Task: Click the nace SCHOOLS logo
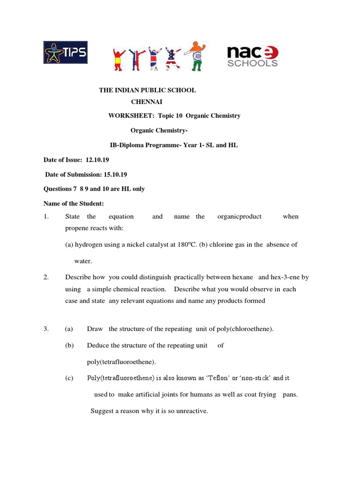click(253, 56)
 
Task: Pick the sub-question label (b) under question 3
click(69, 345)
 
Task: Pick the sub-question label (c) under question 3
click(69, 378)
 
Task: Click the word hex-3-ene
click(287, 277)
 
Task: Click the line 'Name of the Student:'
click(74, 203)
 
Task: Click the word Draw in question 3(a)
click(94, 329)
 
